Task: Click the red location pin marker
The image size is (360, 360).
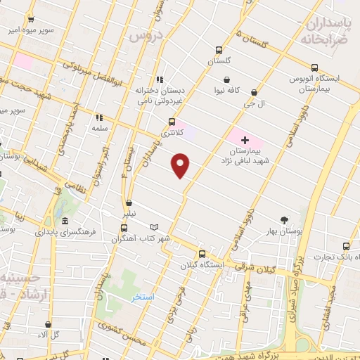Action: pyautogui.click(x=181, y=165)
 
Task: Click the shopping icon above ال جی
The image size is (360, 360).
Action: pyautogui.click(x=253, y=92)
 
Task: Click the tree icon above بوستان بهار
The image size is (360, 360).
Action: pyautogui.click(x=285, y=219)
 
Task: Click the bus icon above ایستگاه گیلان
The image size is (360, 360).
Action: pyautogui.click(x=202, y=254)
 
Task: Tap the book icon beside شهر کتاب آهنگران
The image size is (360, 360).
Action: pyautogui.click(x=155, y=227)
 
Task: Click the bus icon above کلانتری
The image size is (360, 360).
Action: pyautogui.click(x=172, y=122)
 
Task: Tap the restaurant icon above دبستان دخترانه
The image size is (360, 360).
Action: pyautogui.click(x=160, y=79)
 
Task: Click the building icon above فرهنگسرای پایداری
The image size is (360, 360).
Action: pyautogui.click(x=65, y=218)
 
